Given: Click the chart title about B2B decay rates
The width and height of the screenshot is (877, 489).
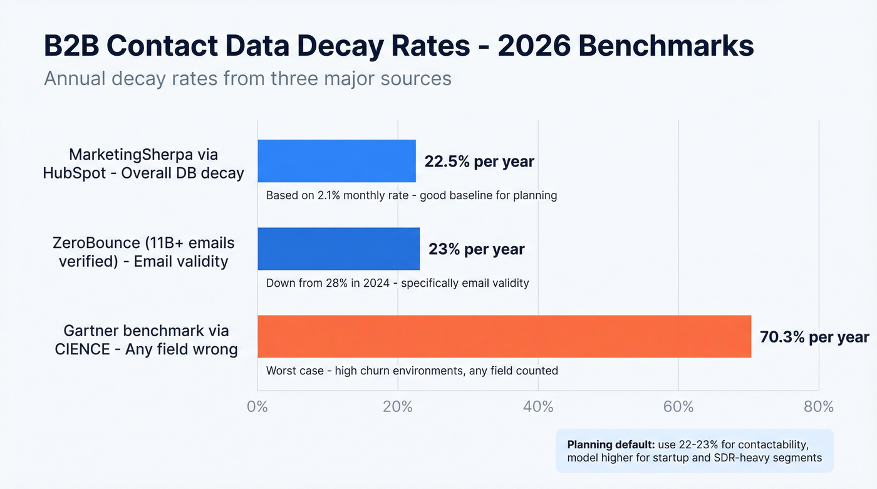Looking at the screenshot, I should click(x=398, y=47).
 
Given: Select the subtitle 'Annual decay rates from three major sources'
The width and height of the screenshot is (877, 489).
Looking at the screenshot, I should click(x=247, y=79).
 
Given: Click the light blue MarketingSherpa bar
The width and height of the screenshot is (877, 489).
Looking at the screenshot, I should click(x=336, y=161).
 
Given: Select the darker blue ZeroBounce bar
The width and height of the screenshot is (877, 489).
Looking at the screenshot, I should click(x=338, y=249).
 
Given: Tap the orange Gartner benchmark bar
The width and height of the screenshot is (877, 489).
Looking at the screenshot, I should click(x=504, y=336).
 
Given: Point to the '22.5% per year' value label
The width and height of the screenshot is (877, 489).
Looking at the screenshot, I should click(x=479, y=162).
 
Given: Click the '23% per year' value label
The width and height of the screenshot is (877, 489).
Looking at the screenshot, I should click(x=477, y=249).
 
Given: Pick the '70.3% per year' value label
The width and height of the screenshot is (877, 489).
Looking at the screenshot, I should click(x=814, y=337).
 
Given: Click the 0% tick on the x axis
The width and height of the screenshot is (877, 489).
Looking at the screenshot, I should click(x=257, y=406).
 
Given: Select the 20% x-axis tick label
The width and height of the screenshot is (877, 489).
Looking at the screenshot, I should click(x=398, y=406).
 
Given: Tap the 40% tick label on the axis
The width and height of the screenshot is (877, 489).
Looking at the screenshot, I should click(x=538, y=406).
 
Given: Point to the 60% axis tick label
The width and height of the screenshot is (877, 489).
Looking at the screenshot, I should click(x=678, y=406).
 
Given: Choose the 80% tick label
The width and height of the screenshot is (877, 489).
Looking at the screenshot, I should click(x=818, y=406).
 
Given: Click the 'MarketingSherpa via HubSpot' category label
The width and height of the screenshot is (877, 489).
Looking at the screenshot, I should click(x=143, y=163).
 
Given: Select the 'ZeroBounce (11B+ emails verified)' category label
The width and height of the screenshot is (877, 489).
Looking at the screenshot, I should click(x=143, y=251).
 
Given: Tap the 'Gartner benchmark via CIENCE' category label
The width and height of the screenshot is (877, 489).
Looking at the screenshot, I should click(x=146, y=339).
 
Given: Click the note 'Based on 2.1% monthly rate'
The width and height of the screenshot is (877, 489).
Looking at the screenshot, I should click(x=411, y=195).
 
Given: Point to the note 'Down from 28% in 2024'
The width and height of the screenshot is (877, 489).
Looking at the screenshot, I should click(x=397, y=283).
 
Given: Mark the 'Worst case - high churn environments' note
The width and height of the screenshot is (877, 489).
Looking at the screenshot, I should click(x=412, y=371).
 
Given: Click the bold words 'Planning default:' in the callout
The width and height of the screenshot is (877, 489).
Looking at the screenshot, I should click(x=610, y=445).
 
